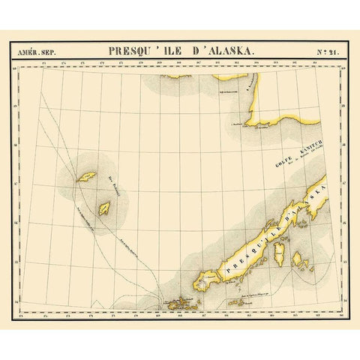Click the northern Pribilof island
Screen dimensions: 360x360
click(x=86, y=178)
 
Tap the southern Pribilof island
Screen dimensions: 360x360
click(x=105, y=208)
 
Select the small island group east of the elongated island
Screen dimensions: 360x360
click(x=300, y=261)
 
